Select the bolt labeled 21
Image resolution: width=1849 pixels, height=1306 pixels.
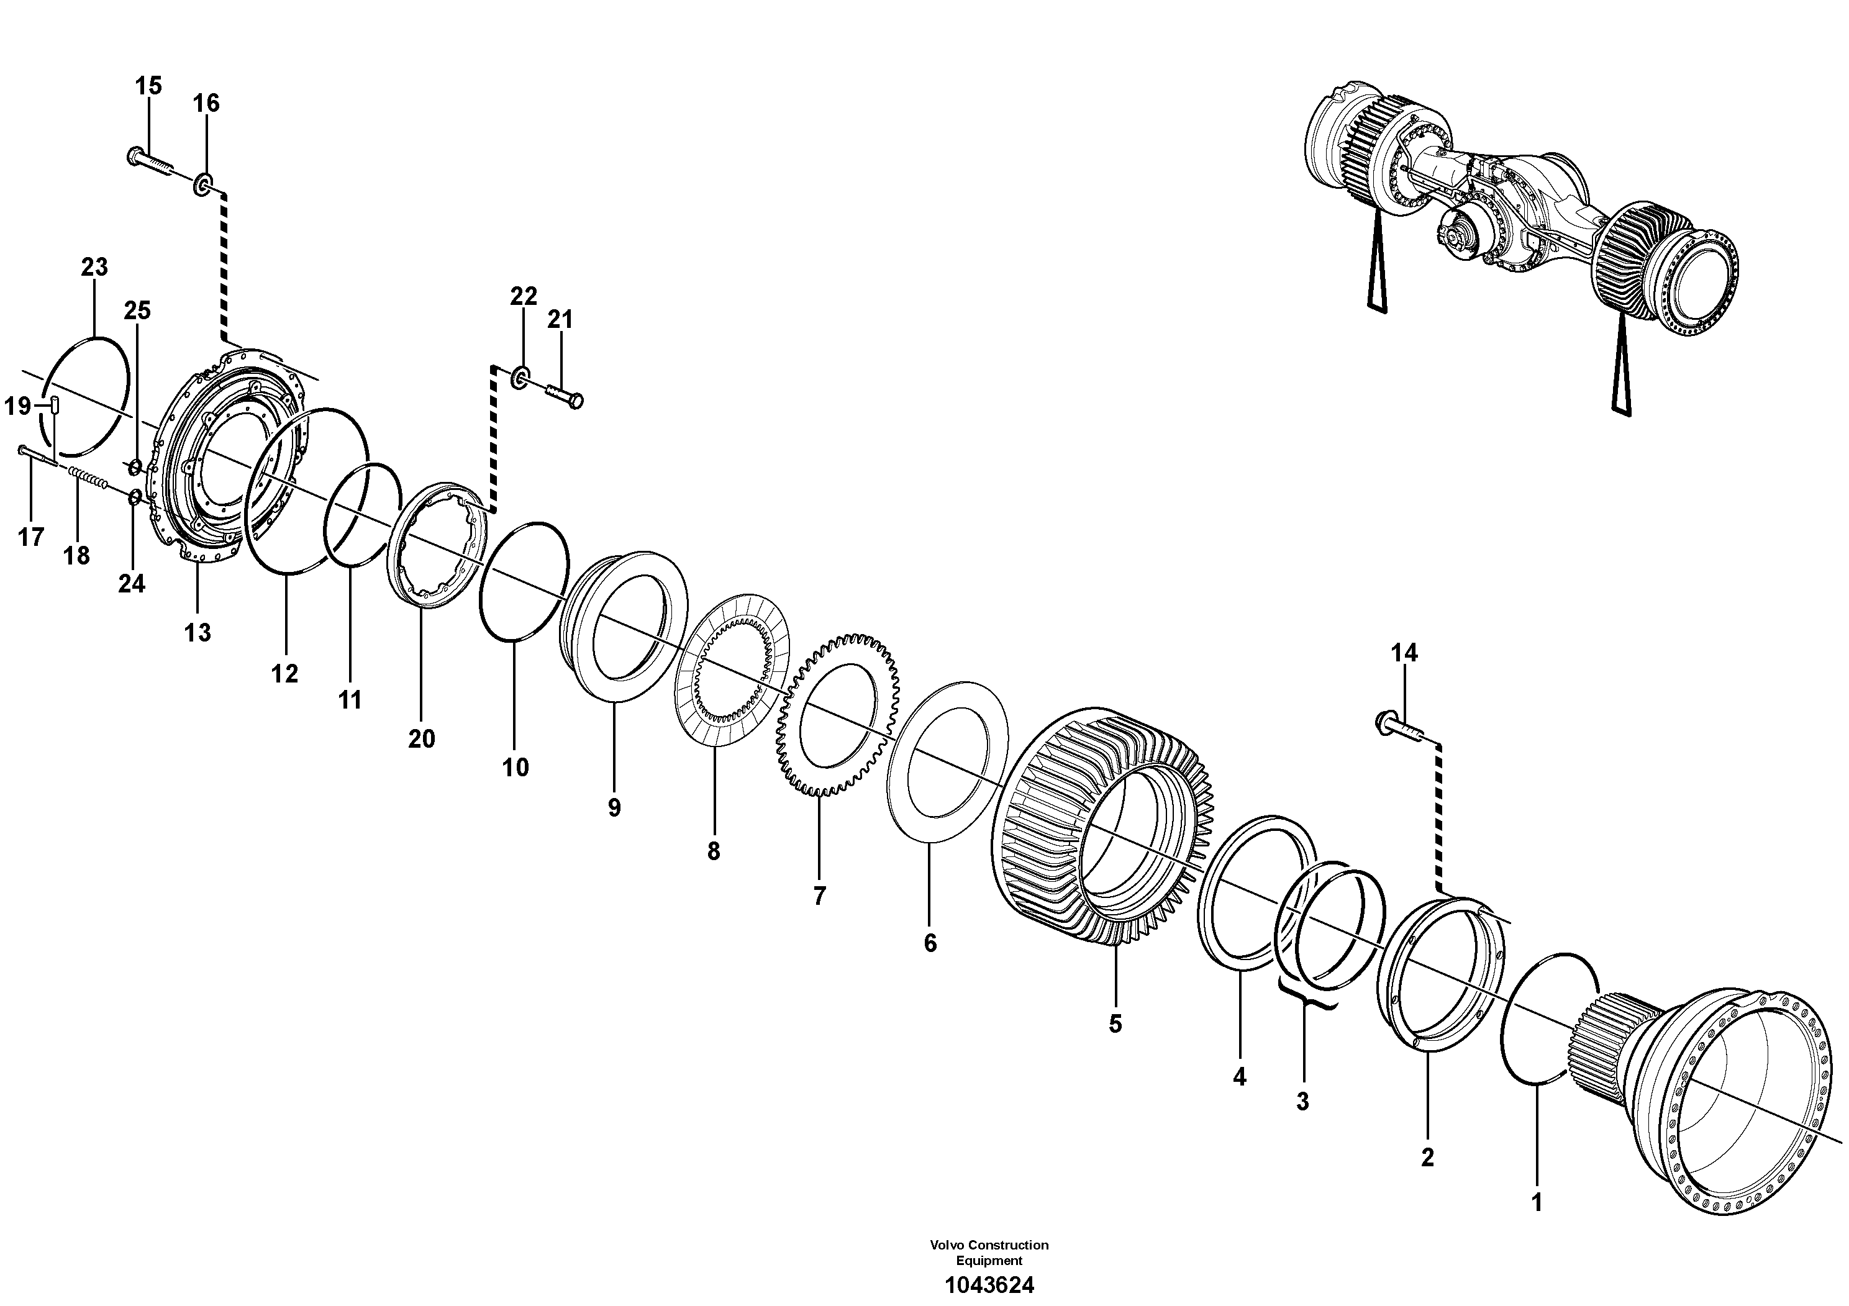click(x=565, y=397)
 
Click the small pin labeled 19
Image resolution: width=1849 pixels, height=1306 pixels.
click(x=55, y=407)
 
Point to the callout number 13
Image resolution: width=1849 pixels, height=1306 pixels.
click(x=198, y=632)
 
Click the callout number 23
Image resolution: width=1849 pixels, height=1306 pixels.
click(x=94, y=266)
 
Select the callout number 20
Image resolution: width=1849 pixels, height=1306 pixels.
click(x=421, y=738)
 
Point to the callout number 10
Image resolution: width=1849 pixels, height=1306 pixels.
click(x=516, y=768)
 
